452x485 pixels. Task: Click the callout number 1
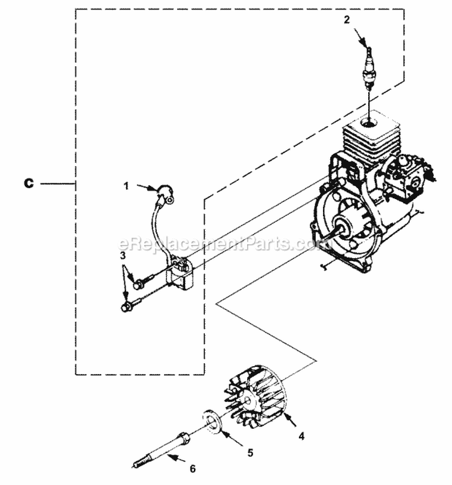(x=127, y=186)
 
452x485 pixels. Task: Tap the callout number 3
(x=123, y=256)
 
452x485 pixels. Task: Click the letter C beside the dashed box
(x=28, y=184)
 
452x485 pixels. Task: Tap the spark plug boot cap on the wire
(x=163, y=193)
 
